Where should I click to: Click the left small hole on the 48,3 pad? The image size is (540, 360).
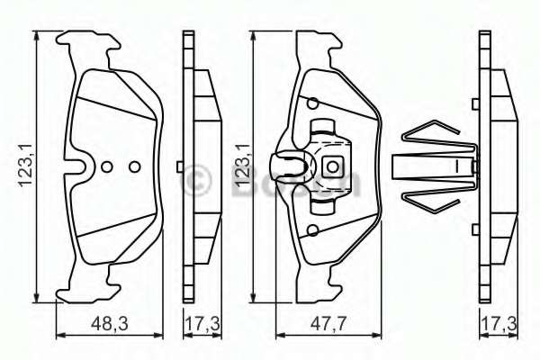point(107,166)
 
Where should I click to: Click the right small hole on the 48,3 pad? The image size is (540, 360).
point(134,166)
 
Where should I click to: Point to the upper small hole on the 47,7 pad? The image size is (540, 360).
point(311,101)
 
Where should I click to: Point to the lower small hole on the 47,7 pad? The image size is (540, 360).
point(311,231)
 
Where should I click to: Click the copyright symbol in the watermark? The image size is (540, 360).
point(197,177)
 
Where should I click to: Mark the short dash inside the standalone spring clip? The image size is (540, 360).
point(457,166)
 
